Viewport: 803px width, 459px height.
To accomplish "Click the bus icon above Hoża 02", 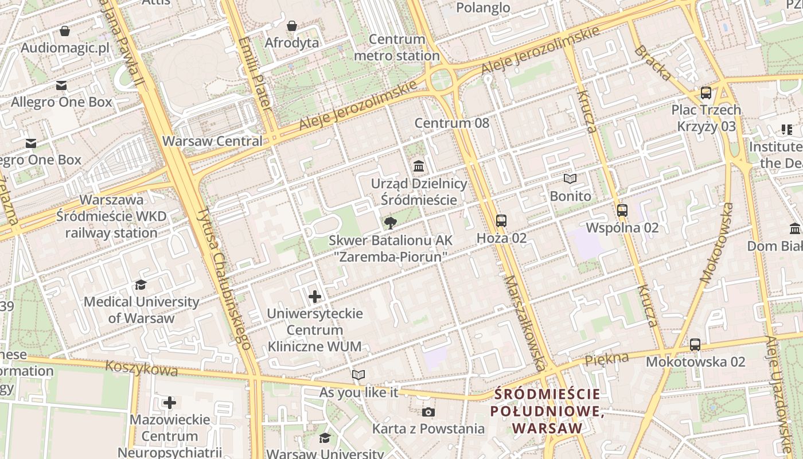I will coord(501,220).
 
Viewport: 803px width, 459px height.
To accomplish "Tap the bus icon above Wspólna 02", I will coord(622,211).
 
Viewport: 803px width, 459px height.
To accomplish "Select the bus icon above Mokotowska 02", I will coord(695,345).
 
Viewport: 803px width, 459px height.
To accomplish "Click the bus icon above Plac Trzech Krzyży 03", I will coord(706,93).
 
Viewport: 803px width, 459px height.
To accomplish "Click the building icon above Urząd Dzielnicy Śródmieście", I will coord(419,166).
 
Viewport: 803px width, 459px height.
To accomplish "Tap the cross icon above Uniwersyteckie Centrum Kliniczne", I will coord(315,297).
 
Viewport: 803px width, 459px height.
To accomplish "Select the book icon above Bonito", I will coord(570,179).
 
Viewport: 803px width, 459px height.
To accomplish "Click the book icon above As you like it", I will coord(358,375).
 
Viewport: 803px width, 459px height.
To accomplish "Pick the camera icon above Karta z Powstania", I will coord(428,412).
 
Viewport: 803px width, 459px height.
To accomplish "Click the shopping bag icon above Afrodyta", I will coord(292,26).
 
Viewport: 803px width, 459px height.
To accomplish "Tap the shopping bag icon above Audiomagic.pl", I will coord(65,31).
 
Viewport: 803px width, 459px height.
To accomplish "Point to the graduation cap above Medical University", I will coord(141,285).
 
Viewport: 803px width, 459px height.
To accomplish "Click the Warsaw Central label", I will coord(212,141).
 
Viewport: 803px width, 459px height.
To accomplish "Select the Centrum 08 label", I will coord(452,123).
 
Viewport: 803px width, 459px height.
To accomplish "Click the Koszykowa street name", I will coord(142,368).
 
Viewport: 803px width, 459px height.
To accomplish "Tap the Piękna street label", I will coord(606,360).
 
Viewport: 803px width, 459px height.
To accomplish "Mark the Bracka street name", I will coord(653,63).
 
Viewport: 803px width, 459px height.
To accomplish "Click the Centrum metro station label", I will coord(397,48).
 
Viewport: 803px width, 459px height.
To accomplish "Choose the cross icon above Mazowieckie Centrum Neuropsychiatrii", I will coord(170,403).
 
